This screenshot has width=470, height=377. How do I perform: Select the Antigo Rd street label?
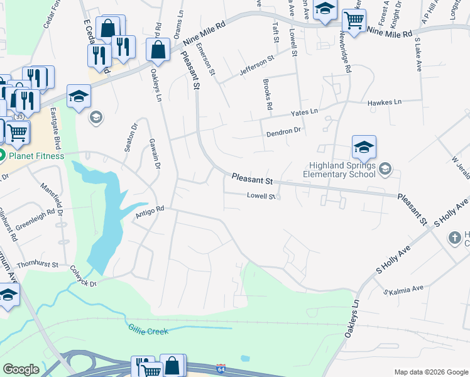[150, 213]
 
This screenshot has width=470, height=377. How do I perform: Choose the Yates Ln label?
[304, 112]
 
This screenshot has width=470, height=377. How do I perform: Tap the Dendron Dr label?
[284, 131]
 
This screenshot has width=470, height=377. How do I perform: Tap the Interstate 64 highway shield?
[221, 366]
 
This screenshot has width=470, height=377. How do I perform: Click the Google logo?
[21, 369]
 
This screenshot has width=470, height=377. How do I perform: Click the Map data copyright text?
[431, 372]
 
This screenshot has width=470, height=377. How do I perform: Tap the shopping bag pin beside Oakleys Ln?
[158, 50]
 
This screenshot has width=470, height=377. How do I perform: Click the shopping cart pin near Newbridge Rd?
[354, 21]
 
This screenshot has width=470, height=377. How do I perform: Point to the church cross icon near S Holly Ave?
[454, 238]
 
